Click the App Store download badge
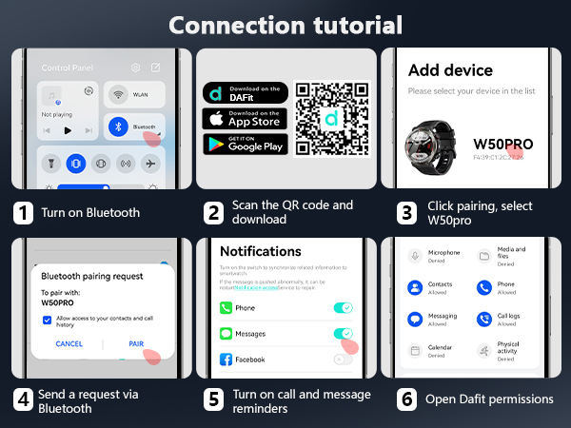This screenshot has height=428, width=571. (x=245, y=119)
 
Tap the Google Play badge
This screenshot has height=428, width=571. (x=245, y=145)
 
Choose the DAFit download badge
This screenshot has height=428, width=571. (x=245, y=93)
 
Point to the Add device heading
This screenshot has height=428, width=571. (x=450, y=70)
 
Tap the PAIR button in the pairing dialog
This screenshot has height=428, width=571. (x=136, y=343)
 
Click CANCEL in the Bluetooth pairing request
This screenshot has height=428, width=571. (x=69, y=343)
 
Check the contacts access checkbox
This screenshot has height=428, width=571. (x=48, y=321)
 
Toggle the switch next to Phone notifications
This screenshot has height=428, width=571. (x=343, y=308)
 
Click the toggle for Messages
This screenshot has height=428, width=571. (x=343, y=334)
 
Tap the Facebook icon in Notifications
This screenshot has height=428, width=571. (x=226, y=360)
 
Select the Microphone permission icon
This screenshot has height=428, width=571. (x=415, y=256)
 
